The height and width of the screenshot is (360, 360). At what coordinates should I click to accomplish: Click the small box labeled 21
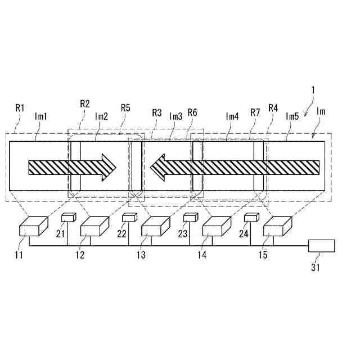click(x=67, y=218)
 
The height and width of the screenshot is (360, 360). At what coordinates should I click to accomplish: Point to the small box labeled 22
click(x=129, y=218)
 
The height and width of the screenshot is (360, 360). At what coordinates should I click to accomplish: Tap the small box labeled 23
click(x=190, y=218)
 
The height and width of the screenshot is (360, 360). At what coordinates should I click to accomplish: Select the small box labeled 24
click(x=251, y=218)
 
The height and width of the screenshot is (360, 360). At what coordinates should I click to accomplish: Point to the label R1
click(x=20, y=106)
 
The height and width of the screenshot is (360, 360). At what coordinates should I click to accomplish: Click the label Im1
click(x=40, y=116)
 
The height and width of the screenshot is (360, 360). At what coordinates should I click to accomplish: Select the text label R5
click(x=126, y=106)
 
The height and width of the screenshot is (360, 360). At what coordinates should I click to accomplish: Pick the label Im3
click(x=176, y=116)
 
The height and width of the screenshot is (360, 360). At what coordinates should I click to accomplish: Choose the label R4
click(x=273, y=107)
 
